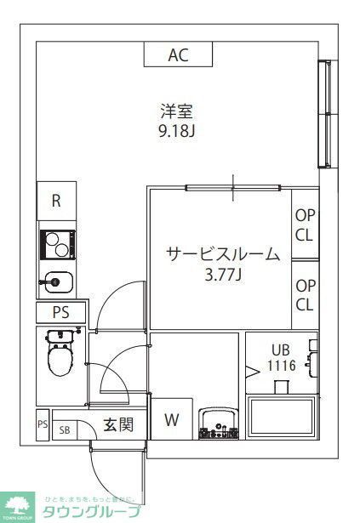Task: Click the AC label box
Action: pos(177,56)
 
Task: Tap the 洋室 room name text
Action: pos(177,111)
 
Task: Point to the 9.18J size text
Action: pos(177,132)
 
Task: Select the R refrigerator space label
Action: pos(56,201)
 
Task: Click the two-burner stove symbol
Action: pos(57,246)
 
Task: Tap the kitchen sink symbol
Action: pos(56,281)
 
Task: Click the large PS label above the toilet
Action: pos(60,312)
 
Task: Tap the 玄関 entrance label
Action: pos(118,424)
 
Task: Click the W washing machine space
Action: pos(172,419)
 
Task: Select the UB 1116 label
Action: pos(281,356)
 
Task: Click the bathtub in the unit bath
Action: pos(282,420)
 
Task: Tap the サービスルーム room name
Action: pos(221,253)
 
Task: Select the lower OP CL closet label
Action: pos(305,295)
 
